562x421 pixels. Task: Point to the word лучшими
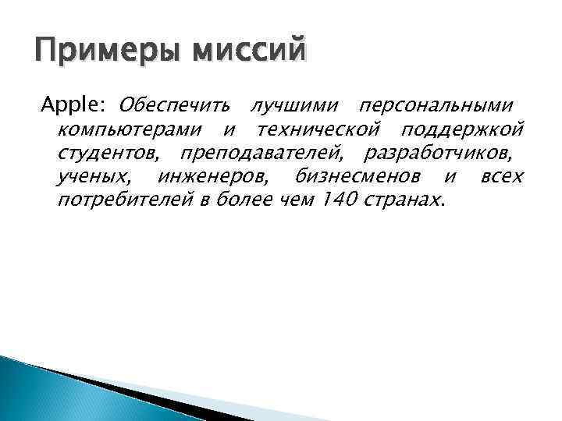coord(290,104)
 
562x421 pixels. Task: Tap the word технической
coord(319,128)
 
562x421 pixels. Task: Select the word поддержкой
coord(463,128)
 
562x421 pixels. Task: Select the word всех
coord(502,176)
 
